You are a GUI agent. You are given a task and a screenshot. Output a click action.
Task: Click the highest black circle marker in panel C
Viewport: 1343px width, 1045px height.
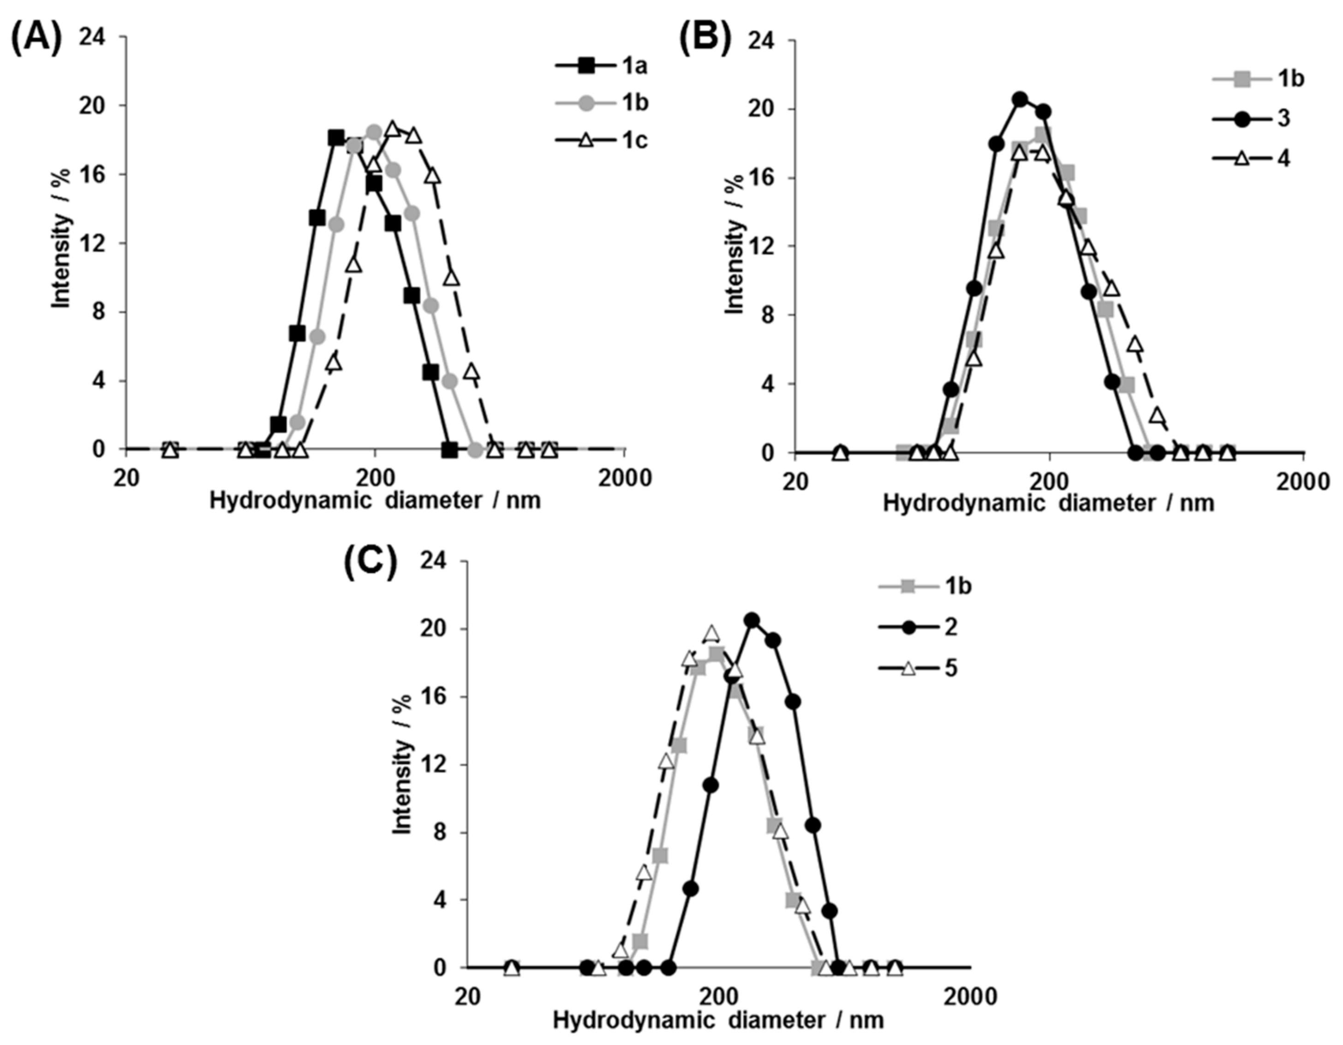(752, 620)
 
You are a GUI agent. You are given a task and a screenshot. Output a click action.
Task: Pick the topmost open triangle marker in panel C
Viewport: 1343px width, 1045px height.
(711, 634)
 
